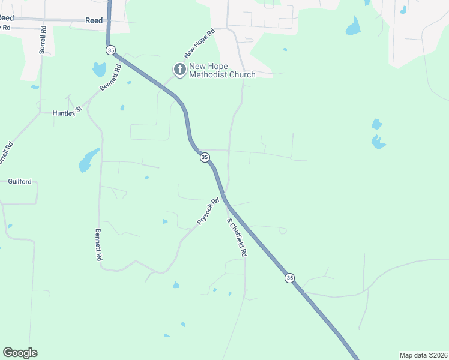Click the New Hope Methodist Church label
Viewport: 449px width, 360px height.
pyautogui.click(x=222, y=70)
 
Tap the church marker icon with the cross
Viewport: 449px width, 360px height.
pyautogui.click(x=179, y=70)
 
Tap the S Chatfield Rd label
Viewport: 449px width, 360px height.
pyautogui.click(x=237, y=238)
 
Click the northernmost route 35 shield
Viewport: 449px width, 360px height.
pyautogui.click(x=110, y=50)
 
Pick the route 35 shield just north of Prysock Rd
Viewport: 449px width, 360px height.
pyautogui.click(x=205, y=157)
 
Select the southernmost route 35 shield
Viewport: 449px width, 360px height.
pyautogui.click(x=290, y=277)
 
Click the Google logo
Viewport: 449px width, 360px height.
pyautogui.click(x=20, y=353)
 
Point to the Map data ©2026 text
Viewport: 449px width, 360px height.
pyautogui.click(x=422, y=355)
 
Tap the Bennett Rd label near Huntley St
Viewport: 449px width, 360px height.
pyautogui.click(x=111, y=77)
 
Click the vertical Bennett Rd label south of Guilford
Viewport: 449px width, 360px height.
pyautogui.click(x=98, y=244)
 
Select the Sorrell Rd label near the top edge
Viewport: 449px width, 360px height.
pyautogui.click(x=42, y=40)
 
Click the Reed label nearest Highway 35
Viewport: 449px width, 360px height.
pyautogui.click(x=94, y=20)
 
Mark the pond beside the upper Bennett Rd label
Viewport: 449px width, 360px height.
pyautogui.click(x=99, y=70)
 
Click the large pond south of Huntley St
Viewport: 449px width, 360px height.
pyautogui.click(x=88, y=160)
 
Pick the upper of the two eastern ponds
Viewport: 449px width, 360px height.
pyautogui.click(x=376, y=124)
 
